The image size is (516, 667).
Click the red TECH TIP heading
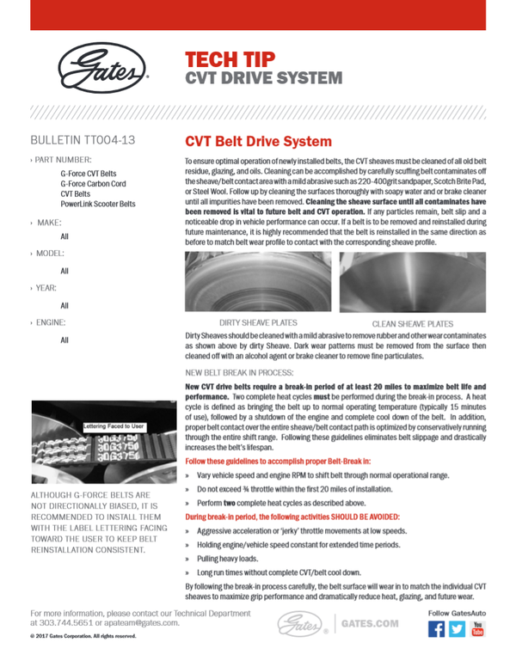pos(230,59)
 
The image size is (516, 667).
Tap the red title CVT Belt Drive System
pos(259,141)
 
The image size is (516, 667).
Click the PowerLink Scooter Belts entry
pos(98,205)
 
